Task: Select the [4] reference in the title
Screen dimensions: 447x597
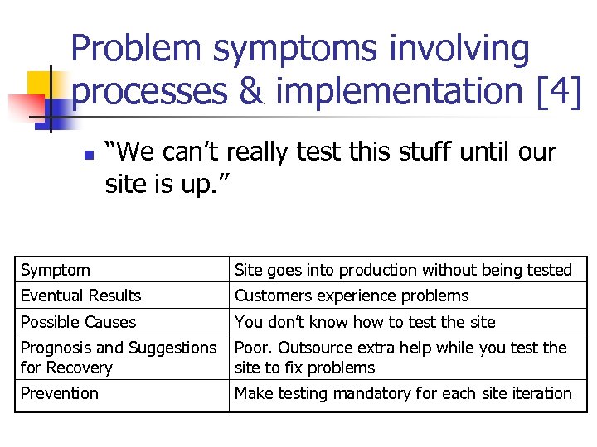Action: (x=558, y=92)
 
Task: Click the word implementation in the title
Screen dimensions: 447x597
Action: (x=399, y=92)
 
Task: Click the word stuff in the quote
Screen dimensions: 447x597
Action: (x=402, y=152)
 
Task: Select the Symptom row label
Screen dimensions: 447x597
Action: (x=56, y=270)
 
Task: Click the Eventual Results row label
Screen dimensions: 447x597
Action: (x=80, y=296)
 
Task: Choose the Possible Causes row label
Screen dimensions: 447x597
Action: (x=78, y=322)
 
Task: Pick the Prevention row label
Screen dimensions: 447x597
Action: (x=59, y=393)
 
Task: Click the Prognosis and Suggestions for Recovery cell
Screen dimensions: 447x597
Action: (x=118, y=358)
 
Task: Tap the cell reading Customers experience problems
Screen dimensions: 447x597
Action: (x=352, y=296)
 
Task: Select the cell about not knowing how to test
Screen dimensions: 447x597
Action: (x=365, y=322)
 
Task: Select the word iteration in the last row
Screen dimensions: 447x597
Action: (x=539, y=393)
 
